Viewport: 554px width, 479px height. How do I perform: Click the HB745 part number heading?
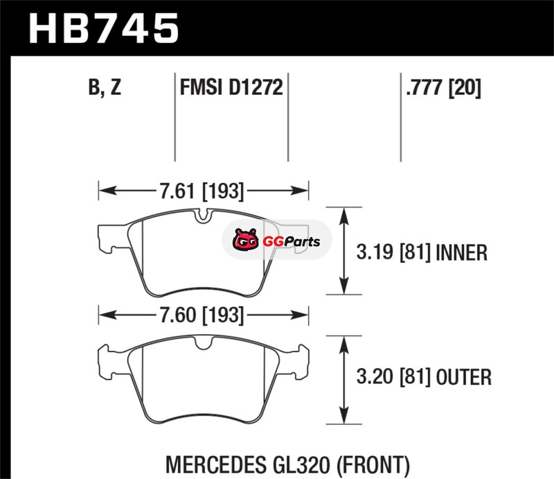click(103, 28)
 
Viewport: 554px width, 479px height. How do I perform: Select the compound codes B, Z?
click(105, 87)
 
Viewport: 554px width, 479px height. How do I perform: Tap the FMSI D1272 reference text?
click(231, 87)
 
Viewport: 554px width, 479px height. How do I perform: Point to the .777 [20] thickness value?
click(443, 87)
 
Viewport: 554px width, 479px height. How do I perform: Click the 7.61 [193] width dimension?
click(202, 191)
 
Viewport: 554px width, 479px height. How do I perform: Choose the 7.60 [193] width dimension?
click(202, 315)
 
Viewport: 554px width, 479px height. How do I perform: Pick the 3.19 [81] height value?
click(393, 252)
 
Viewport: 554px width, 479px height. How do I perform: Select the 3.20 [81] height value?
click(393, 377)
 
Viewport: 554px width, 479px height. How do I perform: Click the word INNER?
click(462, 252)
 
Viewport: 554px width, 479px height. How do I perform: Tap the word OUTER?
click(463, 377)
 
